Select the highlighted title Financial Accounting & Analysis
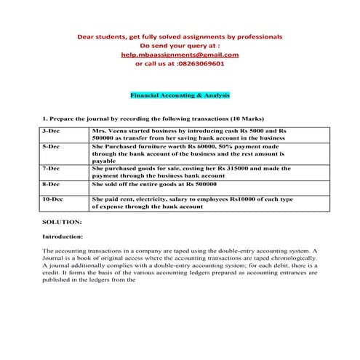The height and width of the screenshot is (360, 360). pyautogui.click(x=180, y=95)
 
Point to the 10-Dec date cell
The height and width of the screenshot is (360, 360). pyautogui.click(x=52, y=199)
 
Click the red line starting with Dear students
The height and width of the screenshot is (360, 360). pyautogui.click(x=180, y=36)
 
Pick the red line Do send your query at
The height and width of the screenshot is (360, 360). pyautogui.click(x=180, y=45)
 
